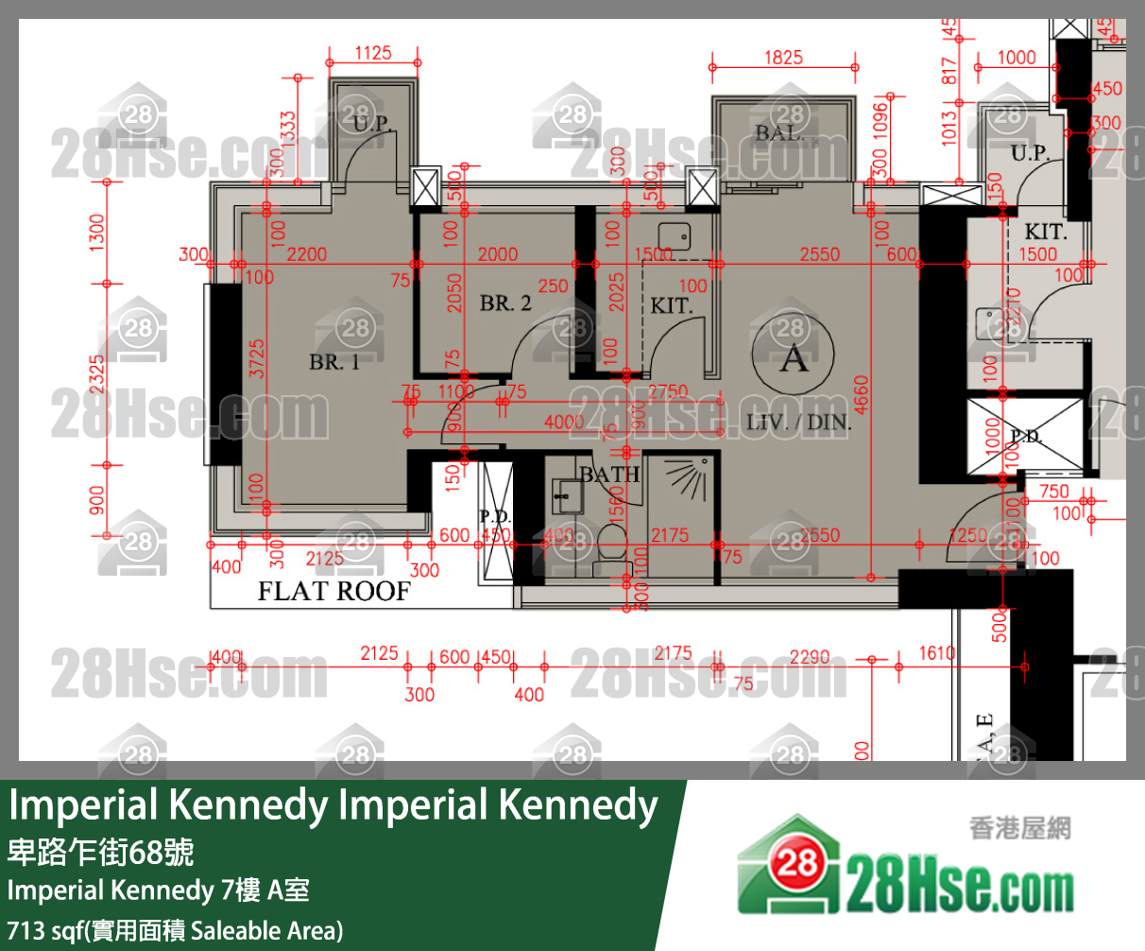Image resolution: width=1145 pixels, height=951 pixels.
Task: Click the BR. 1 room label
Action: click(x=334, y=362)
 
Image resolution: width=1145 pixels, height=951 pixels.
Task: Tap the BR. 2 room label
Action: click(x=505, y=303)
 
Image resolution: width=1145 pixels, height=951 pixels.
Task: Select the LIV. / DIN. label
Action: click(x=798, y=423)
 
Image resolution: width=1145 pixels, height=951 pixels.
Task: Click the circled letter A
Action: click(x=794, y=357)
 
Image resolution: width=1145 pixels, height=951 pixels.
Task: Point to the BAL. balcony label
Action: click(x=779, y=133)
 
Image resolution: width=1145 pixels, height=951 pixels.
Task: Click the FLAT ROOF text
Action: click(x=334, y=592)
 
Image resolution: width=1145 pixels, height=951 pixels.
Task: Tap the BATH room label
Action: click(x=609, y=474)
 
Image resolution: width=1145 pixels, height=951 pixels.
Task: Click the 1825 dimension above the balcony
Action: click(x=783, y=58)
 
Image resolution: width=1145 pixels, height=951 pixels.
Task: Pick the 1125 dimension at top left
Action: click(x=373, y=53)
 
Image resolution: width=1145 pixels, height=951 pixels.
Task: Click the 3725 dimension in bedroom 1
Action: click(x=257, y=359)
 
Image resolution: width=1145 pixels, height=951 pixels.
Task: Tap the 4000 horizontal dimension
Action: click(x=564, y=423)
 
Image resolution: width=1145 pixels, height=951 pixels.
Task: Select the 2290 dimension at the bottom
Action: click(x=810, y=657)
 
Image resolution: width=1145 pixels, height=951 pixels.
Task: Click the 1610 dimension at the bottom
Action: click(x=937, y=653)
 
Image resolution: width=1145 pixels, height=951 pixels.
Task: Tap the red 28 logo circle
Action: click(x=795, y=862)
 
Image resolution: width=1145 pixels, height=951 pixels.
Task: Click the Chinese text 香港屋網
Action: click(x=1019, y=829)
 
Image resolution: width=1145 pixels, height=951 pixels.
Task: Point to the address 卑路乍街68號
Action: click(x=100, y=853)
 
